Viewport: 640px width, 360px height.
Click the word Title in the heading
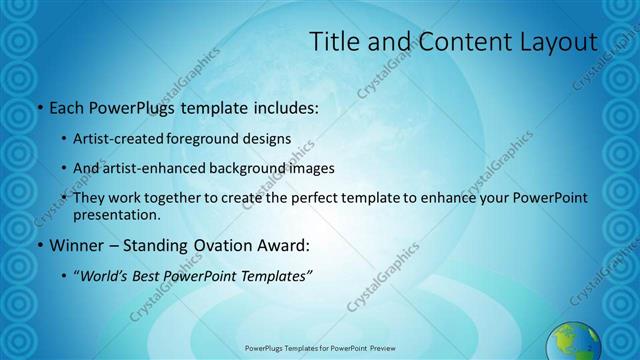click(334, 42)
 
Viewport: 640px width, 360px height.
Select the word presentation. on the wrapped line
click(117, 215)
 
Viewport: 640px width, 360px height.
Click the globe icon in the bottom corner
click(574, 342)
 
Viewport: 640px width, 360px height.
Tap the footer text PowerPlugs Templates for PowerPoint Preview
click(320, 348)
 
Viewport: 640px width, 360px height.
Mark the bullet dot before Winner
click(39, 246)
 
